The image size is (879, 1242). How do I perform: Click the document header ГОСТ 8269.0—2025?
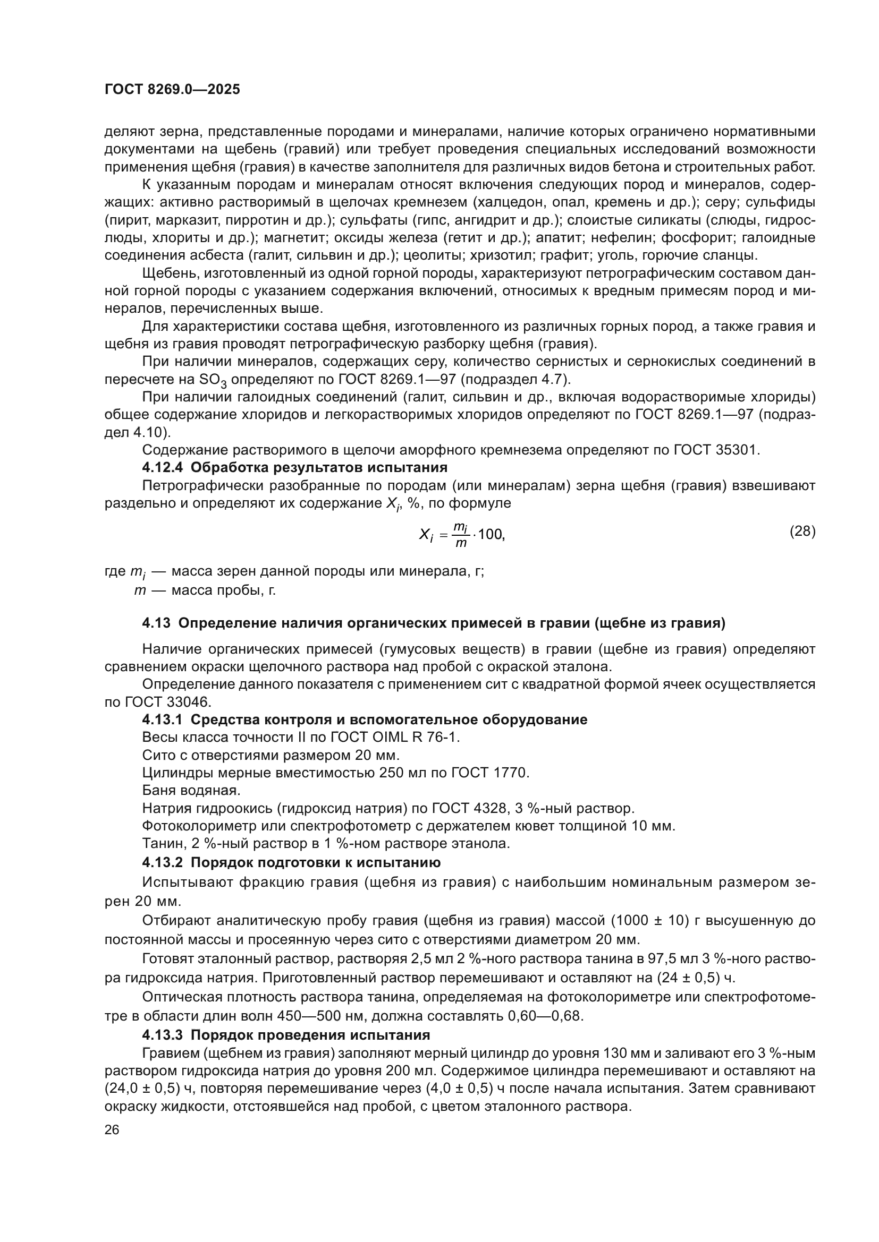pyautogui.click(x=172, y=90)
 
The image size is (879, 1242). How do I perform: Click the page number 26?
pyautogui.click(x=112, y=1129)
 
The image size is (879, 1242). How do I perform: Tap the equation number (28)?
pyautogui.click(x=802, y=531)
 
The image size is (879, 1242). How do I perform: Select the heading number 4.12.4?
pyautogui.click(x=163, y=467)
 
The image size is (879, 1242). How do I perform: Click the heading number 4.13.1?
pyautogui.click(x=163, y=720)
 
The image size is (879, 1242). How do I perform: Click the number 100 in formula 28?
pyautogui.click(x=492, y=535)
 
